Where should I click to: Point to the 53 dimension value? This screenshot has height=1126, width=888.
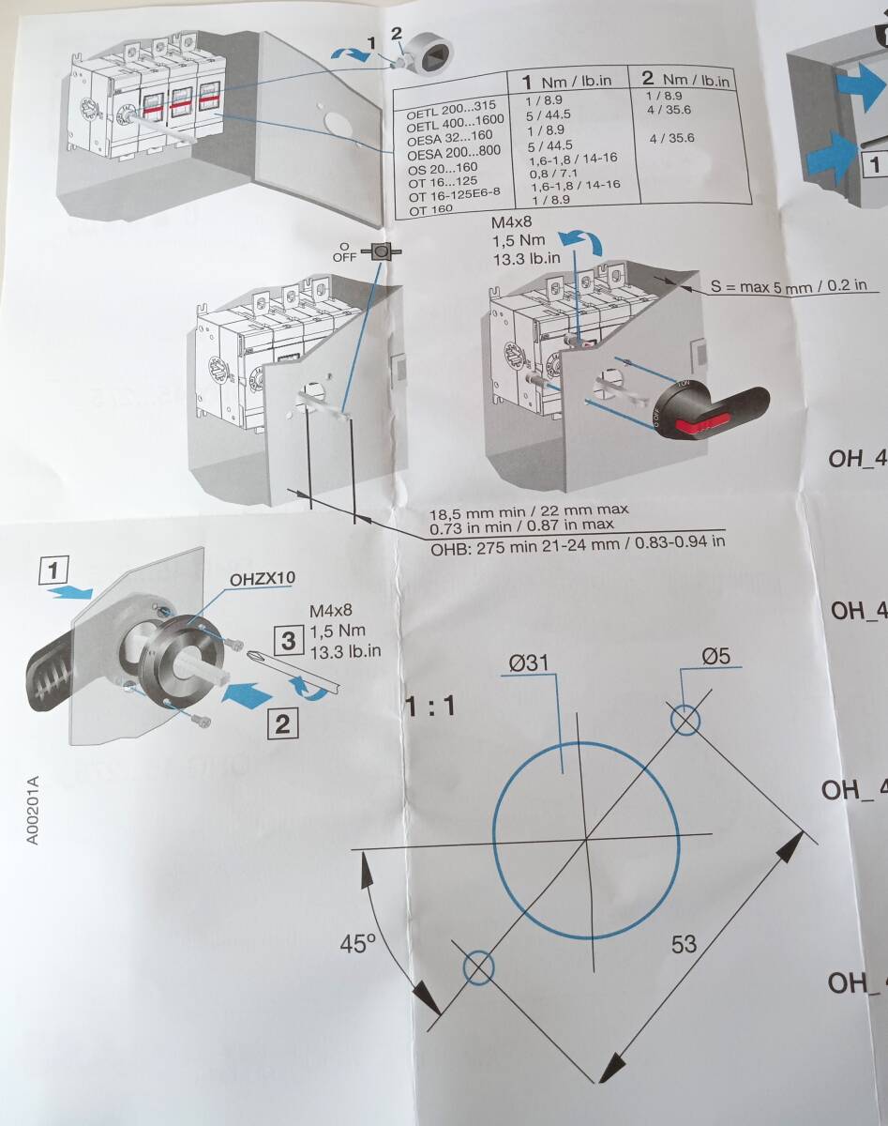pyautogui.click(x=685, y=943)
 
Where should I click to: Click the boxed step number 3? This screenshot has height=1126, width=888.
pyautogui.click(x=288, y=641)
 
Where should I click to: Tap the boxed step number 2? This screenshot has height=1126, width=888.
pyautogui.click(x=283, y=723)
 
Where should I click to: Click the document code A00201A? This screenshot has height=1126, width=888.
pyautogui.click(x=33, y=810)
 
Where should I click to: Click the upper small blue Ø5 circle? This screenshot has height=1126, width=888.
pyautogui.click(x=685, y=720)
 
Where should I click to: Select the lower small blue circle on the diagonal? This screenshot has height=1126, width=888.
pyautogui.click(x=478, y=966)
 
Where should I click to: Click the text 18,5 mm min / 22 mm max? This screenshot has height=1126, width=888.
pyautogui.click(x=528, y=512)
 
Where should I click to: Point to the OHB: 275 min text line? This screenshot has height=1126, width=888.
pyautogui.click(x=578, y=541)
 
